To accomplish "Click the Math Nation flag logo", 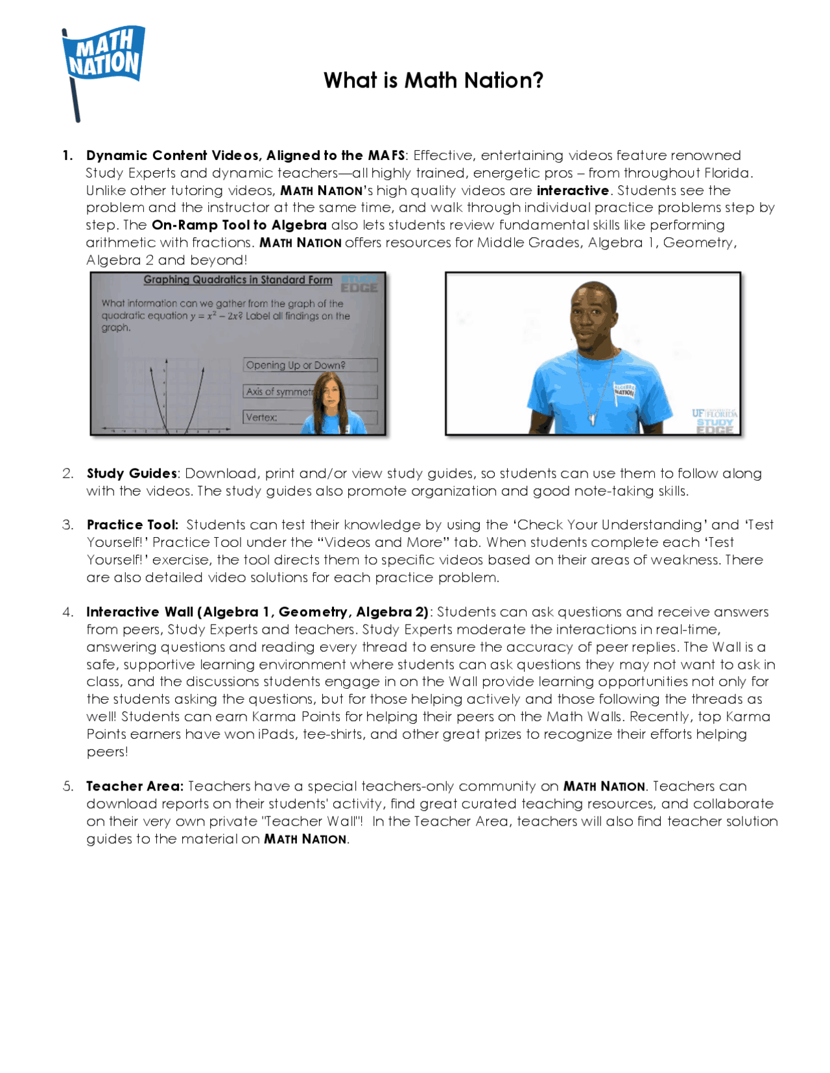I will [104, 54].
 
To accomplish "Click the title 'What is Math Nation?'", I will [433, 80].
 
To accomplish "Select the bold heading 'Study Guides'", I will [132, 474].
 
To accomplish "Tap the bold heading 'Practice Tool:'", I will [132, 525].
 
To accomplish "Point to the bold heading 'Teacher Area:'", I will [135, 787].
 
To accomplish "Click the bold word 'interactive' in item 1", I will [573, 190].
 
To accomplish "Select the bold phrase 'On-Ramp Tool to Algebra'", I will [239, 225].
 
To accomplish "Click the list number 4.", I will [67, 612].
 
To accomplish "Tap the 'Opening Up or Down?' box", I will [310, 365].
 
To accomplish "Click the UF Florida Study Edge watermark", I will [714, 421].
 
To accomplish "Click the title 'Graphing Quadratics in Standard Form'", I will [237, 280].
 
